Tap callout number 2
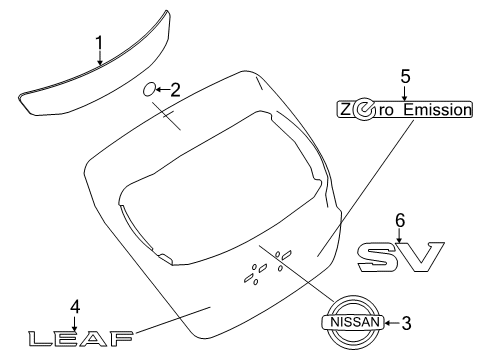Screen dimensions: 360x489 coord(175,89)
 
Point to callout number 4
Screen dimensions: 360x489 coord(74,305)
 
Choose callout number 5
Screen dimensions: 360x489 coord(405,74)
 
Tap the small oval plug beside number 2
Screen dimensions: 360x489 coord(150,89)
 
